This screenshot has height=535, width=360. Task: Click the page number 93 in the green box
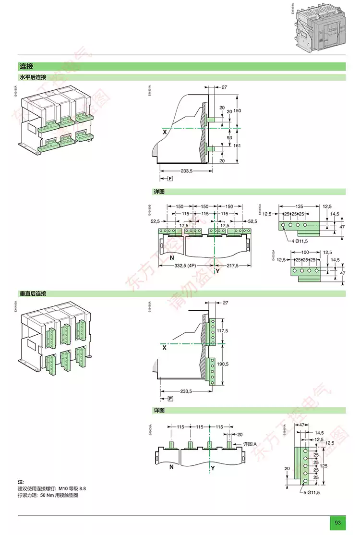337,523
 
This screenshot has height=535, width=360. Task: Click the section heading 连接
26,67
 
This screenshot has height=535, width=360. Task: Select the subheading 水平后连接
33,77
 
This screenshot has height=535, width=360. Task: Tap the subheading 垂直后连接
33,293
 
